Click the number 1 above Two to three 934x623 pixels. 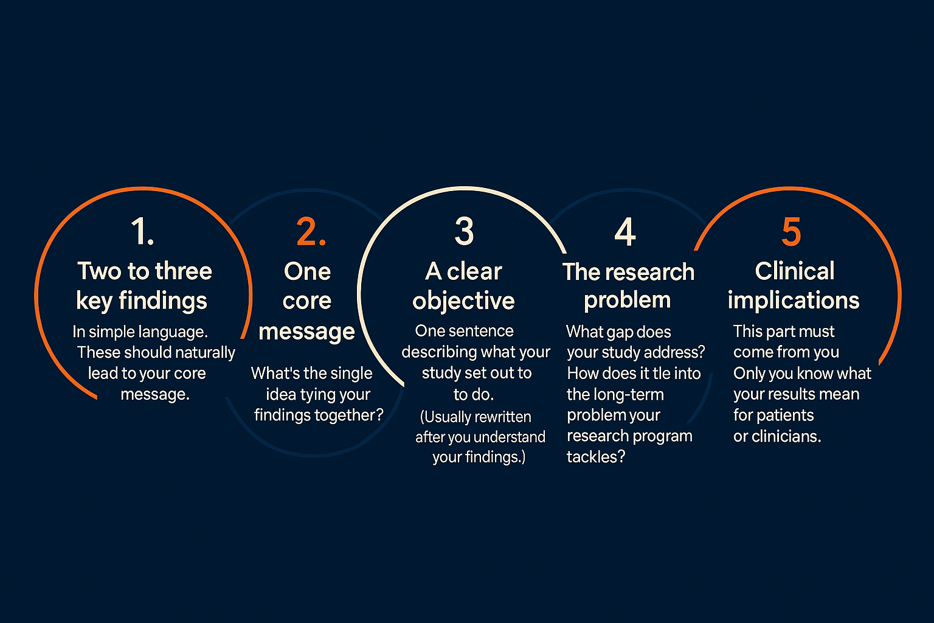pos(143,231)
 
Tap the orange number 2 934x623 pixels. pos(311,231)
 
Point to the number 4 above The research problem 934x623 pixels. pos(625,231)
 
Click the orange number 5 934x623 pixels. pos(791,231)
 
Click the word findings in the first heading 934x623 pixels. pos(163,301)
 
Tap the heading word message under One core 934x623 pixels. pos(307,332)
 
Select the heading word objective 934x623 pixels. pos(464,301)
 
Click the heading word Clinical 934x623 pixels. pos(795,271)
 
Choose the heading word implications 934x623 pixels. pos(794,301)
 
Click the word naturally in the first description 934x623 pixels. pos(205,353)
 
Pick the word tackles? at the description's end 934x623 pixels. pos(596,457)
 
